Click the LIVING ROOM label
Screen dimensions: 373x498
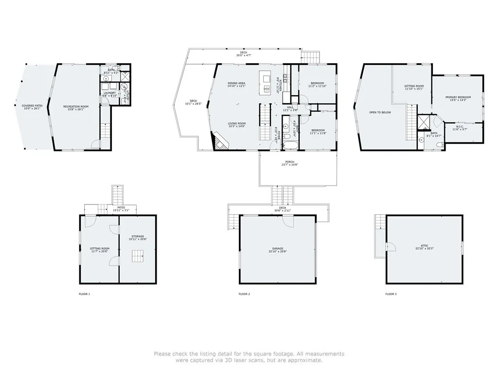coord(237,124)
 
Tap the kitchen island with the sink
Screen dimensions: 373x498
coord(266,82)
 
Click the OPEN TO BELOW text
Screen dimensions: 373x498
coord(380,112)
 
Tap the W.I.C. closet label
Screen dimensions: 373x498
coord(459,128)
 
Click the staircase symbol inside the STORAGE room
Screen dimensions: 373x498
coord(138,255)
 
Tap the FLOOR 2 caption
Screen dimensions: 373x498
coord(244,294)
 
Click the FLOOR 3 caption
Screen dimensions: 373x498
coord(391,294)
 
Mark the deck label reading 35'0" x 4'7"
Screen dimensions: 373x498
coord(244,54)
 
